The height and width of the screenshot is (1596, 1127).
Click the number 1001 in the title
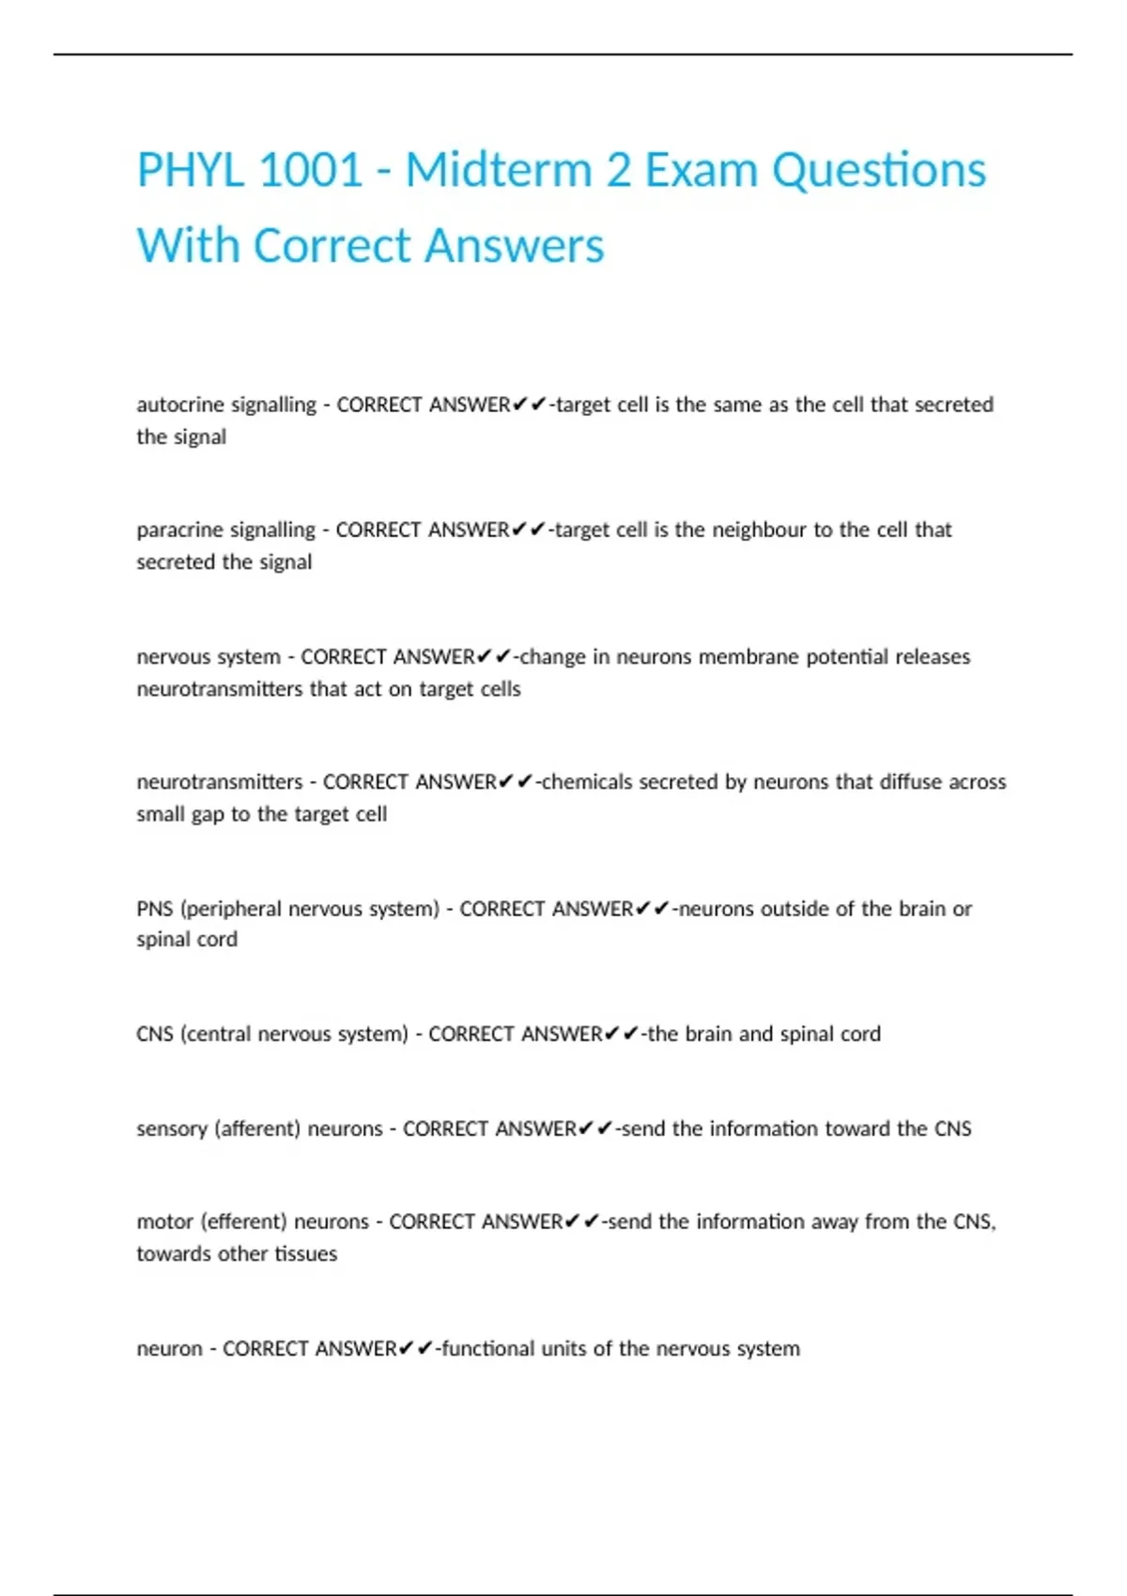pos(310,171)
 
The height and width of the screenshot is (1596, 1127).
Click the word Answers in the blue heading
pos(515,246)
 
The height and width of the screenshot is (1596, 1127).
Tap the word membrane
pos(744,656)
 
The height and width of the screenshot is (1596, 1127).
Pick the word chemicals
pos(587,782)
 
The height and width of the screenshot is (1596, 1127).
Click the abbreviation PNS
pos(155,909)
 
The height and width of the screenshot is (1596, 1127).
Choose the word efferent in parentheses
pos(245,1221)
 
